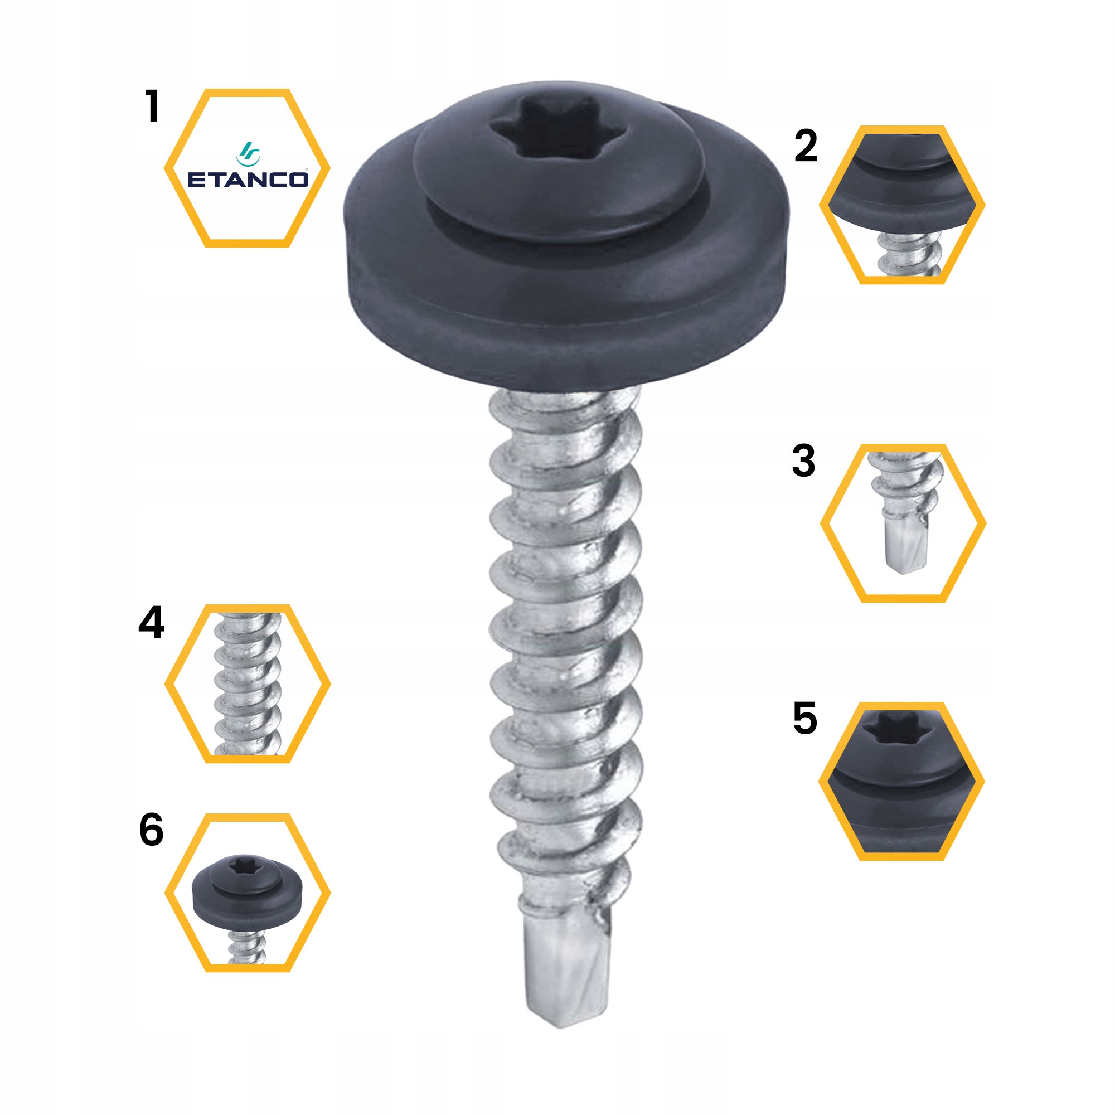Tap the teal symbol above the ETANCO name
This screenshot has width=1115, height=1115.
(x=248, y=153)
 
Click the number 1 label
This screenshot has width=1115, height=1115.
(x=152, y=107)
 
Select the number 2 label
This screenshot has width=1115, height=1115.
(x=806, y=146)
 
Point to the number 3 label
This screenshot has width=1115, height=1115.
(x=803, y=460)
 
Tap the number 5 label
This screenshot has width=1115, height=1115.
(x=805, y=719)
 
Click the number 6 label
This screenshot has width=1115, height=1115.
(x=151, y=831)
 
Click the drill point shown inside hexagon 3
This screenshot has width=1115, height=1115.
(x=901, y=548)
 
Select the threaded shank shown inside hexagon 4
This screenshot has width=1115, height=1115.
(x=248, y=684)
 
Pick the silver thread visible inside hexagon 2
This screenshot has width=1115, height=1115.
(x=906, y=254)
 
